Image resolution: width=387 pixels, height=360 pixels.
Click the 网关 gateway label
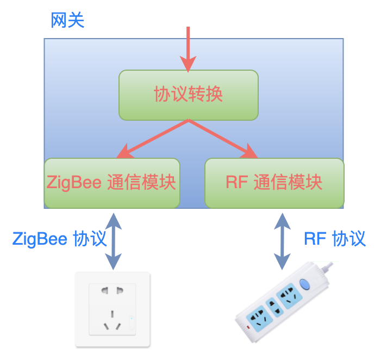click(67, 20)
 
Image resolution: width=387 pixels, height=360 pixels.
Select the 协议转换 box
click(189, 95)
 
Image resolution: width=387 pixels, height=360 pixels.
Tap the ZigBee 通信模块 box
click(112, 183)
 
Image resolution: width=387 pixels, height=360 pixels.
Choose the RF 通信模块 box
click(274, 183)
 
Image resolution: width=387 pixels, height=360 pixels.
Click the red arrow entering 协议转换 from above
click(188, 49)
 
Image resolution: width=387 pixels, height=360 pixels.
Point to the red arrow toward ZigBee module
click(152, 139)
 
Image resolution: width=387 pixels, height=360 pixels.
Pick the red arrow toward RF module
click(223, 139)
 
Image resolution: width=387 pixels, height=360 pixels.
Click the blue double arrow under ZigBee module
click(113, 241)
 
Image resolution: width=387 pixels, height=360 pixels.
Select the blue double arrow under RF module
click(282, 241)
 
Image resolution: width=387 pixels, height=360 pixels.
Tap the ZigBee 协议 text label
click(59, 239)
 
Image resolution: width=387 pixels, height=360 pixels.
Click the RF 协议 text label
click(335, 239)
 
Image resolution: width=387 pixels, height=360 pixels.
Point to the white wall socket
click(113, 309)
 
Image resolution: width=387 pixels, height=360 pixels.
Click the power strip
click(284, 302)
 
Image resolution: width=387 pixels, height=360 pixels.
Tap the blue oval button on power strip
click(304, 284)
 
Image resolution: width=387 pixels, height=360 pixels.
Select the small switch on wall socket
click(132, 322)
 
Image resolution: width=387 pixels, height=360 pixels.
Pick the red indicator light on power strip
click(248, 327)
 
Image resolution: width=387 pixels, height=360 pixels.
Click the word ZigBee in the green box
click(74, 183)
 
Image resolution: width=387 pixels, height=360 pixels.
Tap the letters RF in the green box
click(236, 182)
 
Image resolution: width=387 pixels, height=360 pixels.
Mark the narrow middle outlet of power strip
click(274, 307)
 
